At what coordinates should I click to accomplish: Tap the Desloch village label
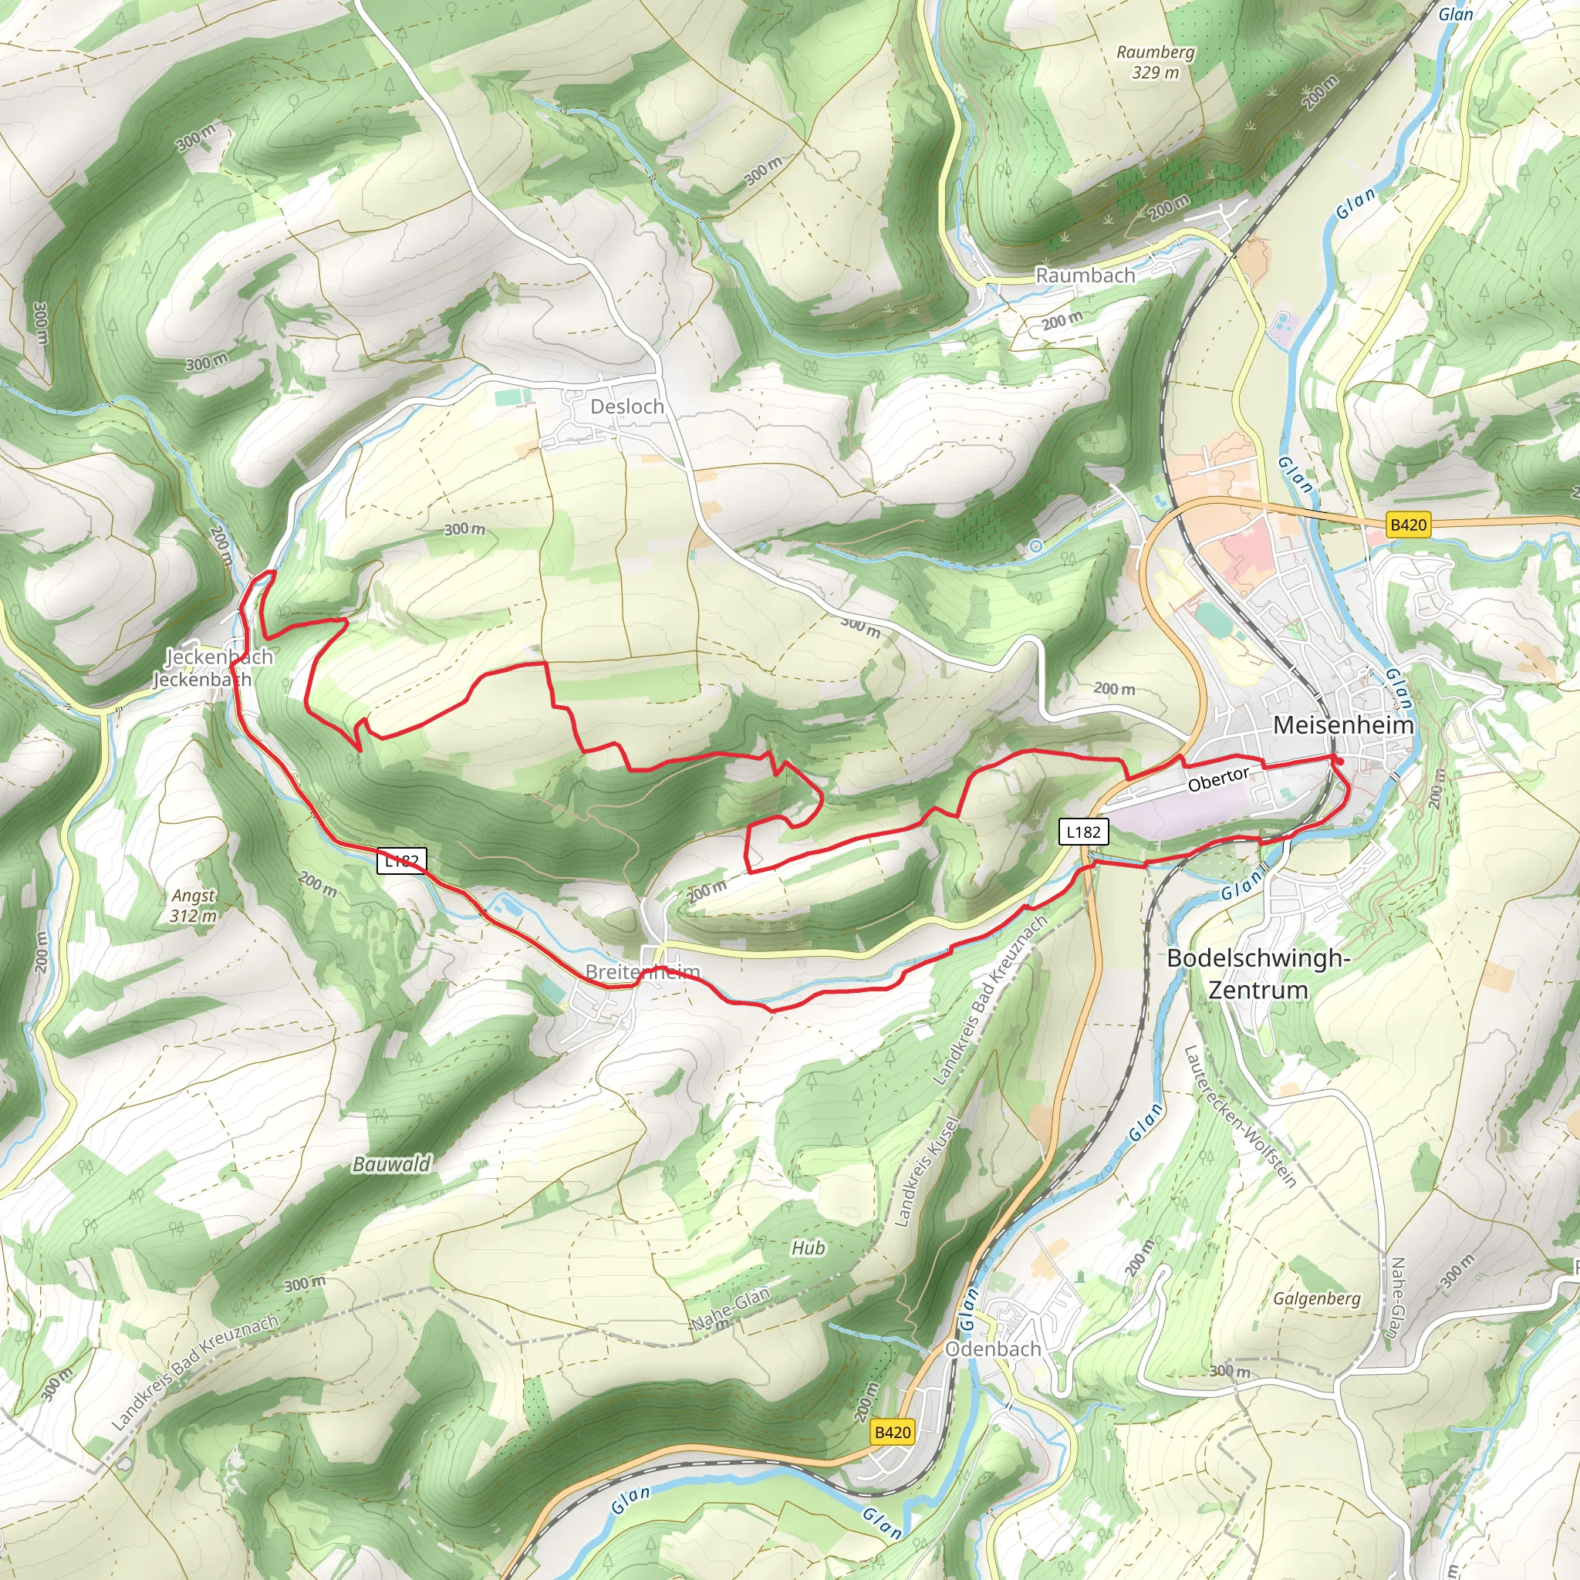tap(626, 407)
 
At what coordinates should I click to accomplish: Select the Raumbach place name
tap(1085, 275)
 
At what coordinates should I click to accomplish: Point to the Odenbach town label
tap(993, 1349)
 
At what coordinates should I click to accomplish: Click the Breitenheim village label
tap(643, 971)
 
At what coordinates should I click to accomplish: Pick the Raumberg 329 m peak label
tap(1155, 62)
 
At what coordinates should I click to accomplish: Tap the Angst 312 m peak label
tap(194, 905)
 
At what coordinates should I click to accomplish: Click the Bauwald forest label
tap(391, 1163)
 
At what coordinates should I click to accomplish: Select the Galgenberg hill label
tap(1317, 1298)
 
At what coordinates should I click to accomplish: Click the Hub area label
tap(808, 1248)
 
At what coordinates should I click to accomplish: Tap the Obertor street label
tap(1217, 779)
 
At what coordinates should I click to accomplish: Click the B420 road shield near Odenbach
tap(893, 1432)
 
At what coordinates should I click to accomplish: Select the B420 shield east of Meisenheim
tap(1408, 525)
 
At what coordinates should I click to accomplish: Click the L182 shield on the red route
tap(401, 860)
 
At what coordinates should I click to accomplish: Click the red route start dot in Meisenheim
tap(1339, 762)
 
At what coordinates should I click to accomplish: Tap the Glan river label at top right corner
tap(1456, 14)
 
